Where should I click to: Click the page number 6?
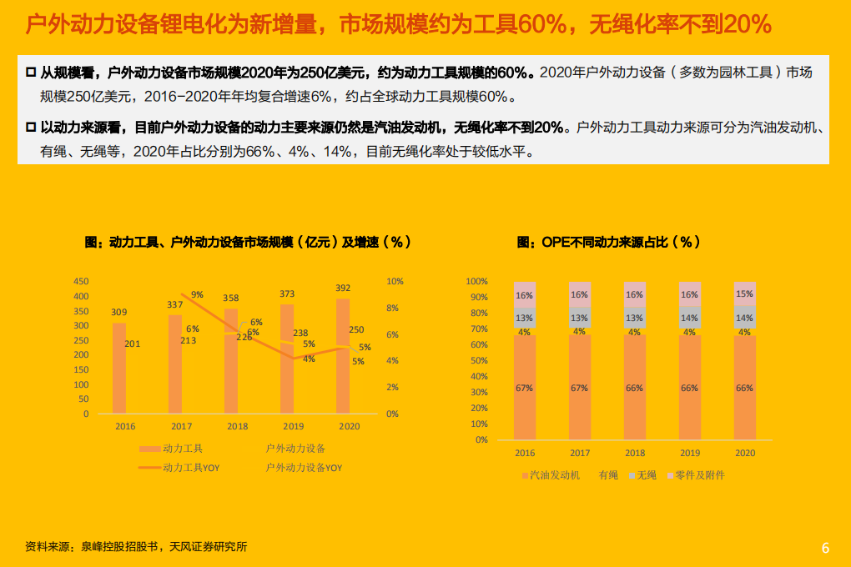pos(825,548)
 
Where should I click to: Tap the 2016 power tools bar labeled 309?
pos(119,367)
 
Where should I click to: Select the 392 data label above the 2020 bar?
pos(343,289)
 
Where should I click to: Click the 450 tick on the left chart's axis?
pos(81,281)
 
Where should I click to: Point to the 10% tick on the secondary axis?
pos(395,282)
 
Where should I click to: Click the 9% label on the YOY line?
pos(197,294)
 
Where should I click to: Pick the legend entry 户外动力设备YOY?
pos(304,468)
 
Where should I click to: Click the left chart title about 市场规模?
pos(248,242)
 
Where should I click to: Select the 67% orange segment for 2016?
pos(525,388)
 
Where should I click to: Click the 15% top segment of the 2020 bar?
pos(744,294)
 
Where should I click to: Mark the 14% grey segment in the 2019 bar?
pos(689,318)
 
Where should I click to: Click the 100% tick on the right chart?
pos(476,282)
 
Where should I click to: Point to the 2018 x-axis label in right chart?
pos(635,453)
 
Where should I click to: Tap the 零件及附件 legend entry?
pos(699,475)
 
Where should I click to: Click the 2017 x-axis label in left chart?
pos(181,426)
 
